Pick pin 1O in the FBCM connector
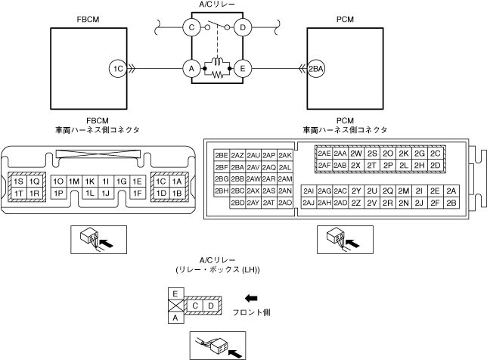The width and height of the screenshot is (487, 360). pyautogui.click(x=58, y=182)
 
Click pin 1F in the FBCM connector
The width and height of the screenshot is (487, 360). pyautogui.click(x=137, y=194)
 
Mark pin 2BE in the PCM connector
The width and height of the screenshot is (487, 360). pyautogui.click(x=222, y=155)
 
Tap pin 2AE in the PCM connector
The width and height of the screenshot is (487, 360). pyautogui.click(x=324, y=154)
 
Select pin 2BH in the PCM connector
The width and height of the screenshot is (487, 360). pyautogui.click(x=222, y=191)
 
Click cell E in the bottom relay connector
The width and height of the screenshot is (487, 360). pyautogui.click(x=176, y=292)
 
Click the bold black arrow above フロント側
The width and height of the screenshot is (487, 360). pyautogui.click(x=252, y=297)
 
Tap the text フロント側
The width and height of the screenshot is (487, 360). pyautogui.click(x=252, y=312)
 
